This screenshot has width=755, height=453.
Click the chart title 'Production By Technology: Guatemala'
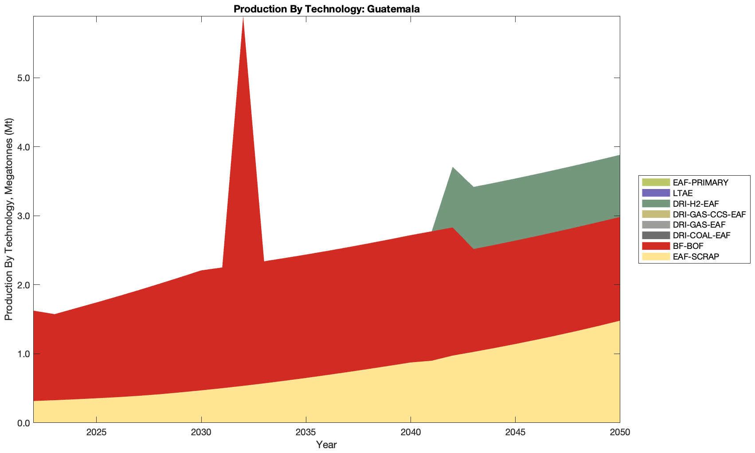(326, 8)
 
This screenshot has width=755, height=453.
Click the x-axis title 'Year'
(326, 445)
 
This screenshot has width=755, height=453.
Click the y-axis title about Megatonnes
(8, 219)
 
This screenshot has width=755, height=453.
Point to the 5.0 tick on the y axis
(22, 78)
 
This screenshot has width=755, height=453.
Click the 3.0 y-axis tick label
(22, 216)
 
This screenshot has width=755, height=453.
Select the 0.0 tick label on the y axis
(22, 423)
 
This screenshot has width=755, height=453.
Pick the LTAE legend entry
(682, 193)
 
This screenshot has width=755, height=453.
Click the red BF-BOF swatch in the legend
(655, 246)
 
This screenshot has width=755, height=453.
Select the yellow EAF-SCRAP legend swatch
(655, 256)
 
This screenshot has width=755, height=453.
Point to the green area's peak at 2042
(452, 167)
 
